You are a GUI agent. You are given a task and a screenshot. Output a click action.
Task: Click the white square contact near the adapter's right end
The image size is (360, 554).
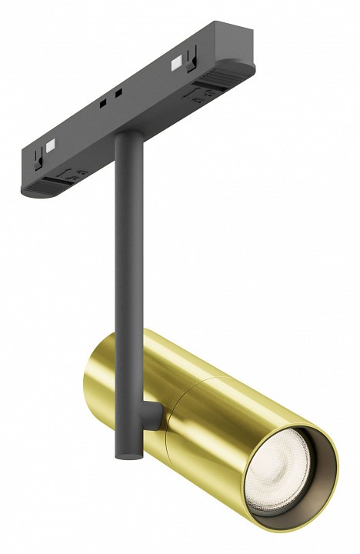click(x=178, y=59)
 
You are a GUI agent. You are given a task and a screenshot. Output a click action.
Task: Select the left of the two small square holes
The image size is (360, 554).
click(x=102, y=102)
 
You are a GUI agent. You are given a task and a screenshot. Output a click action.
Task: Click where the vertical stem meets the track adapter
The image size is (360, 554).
click(x=124, y=139)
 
